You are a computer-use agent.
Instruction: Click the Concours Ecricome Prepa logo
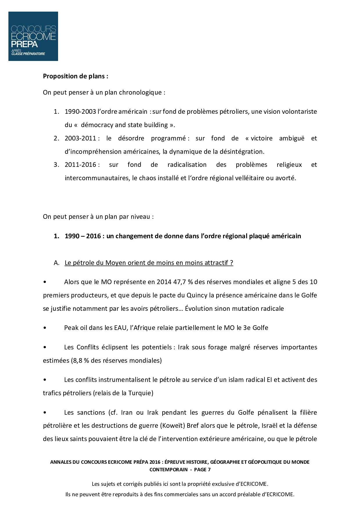click(33, 36)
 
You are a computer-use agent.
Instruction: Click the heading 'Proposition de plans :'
click(75, 76)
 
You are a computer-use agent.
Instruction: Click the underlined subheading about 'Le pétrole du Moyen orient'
click(149, 263)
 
